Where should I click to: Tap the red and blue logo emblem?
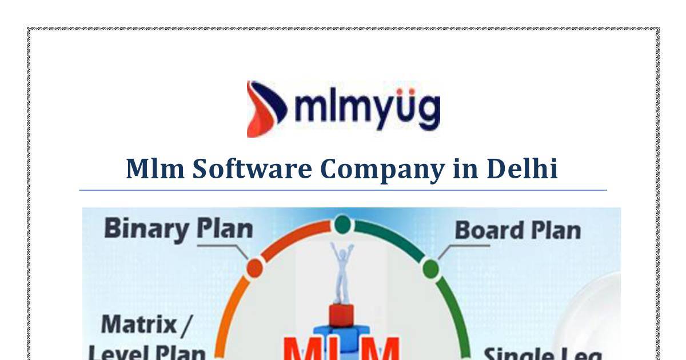pyautogui.click(x=266, y=109)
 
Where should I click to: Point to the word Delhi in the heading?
pyautogui.click(x=522, y=169)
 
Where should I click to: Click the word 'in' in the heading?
pyautogui.click(x=465, y=169)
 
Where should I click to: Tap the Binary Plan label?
pyautogui.click(x=178, y=229)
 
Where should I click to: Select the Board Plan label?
pyautogui.click(x=517, y=230)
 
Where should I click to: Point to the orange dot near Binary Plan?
pyautogui.click(x=254, y=267)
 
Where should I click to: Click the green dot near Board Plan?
pyautogui.click(x=431, y=268)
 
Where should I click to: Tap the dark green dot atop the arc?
pyautogui.click(x=342, y=224)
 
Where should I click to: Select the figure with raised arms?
pyautogui.click(x=342, y=271)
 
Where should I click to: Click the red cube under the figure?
pyautogui.click(x=341, y=315)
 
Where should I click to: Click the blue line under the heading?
pyautogui.click(x=343, y=190)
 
